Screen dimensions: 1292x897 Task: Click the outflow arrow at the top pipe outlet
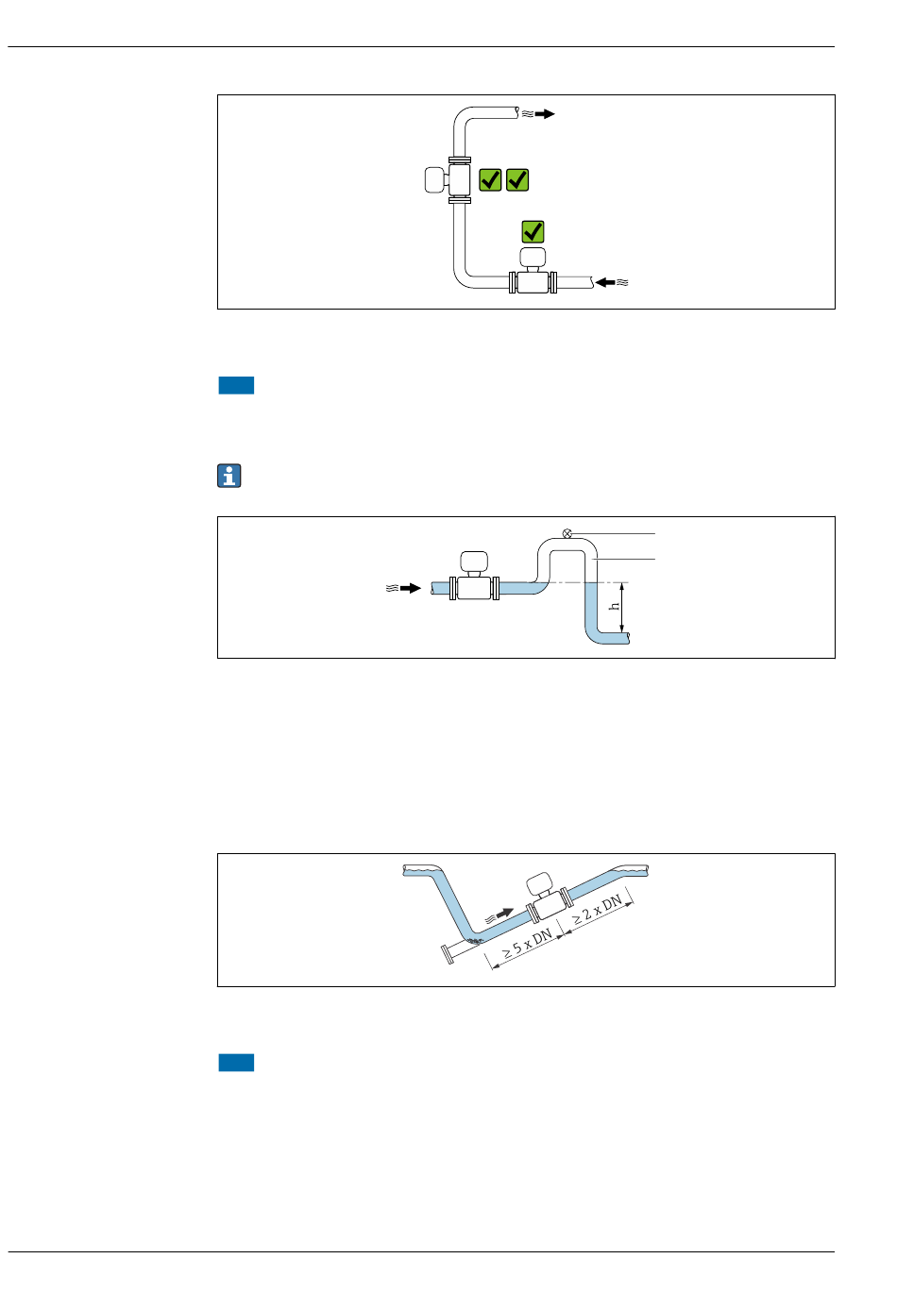click(545, 114)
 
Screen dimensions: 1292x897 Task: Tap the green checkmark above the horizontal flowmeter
click(533, 231)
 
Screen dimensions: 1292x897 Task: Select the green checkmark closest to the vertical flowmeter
click(490, 179)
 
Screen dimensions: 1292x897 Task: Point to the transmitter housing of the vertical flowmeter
click(434, 179)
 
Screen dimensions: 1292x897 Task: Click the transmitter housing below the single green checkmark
click(533, 257)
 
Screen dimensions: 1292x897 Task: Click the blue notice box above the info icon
click(236, 385)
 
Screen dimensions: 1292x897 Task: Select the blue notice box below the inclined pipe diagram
click(236, 1063)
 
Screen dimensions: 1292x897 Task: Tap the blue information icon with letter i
click(229, 477)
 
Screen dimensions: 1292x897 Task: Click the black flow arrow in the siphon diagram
click(410, 588)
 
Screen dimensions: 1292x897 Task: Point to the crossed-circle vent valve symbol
click(567, 533)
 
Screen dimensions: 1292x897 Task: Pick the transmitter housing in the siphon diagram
click(473, 561)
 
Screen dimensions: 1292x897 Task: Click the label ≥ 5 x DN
click(527, 945)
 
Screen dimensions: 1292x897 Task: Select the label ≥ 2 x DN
click(598, 909)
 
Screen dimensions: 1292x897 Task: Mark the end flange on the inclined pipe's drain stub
click(445, 955)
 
